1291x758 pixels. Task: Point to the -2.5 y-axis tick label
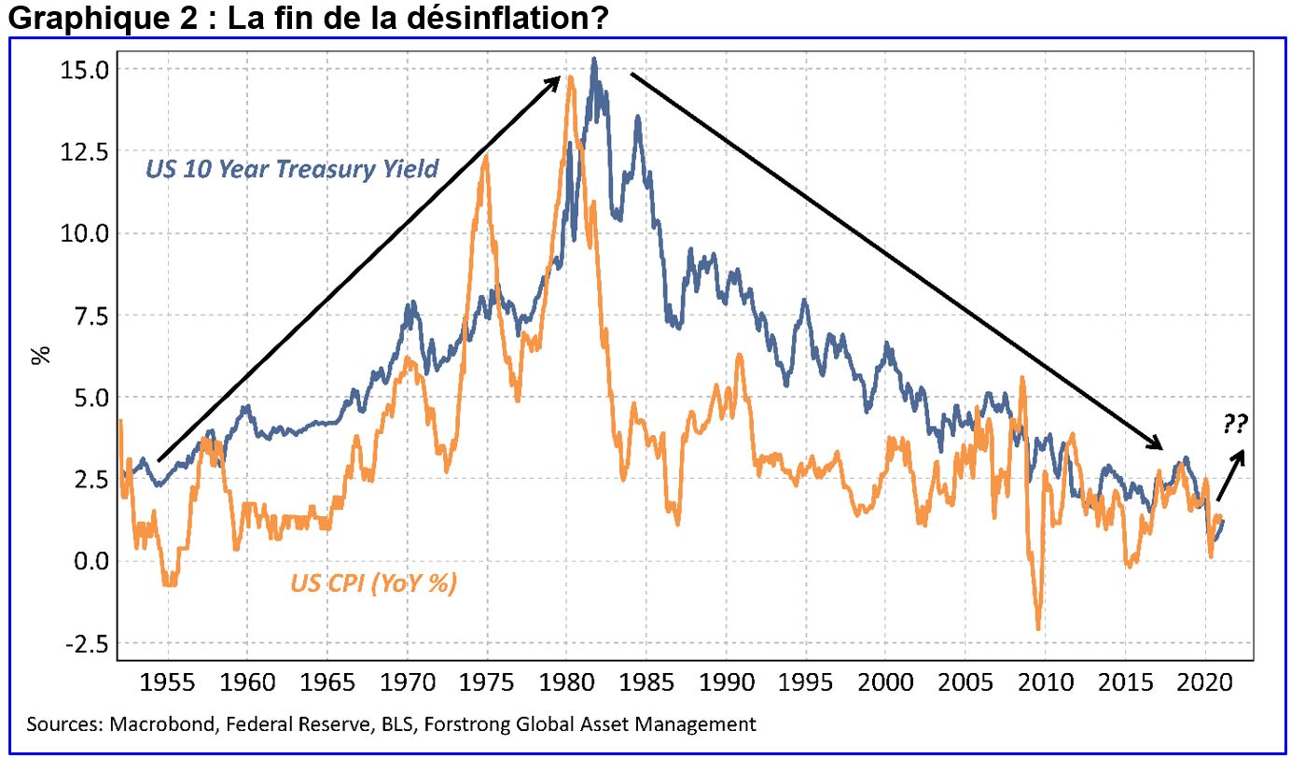84,644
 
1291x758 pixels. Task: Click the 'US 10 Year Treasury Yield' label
292,169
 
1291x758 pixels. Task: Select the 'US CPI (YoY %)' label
373,583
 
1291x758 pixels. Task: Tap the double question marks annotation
1235,426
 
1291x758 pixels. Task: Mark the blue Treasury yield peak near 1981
594,60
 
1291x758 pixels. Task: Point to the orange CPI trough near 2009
1037,628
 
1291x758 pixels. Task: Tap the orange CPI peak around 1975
485,157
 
